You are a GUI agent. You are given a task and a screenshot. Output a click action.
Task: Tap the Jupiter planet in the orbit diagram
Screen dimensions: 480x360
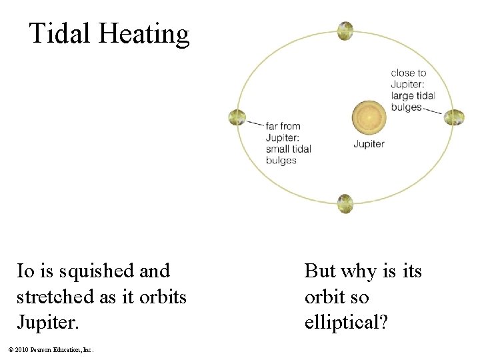click(369, 117)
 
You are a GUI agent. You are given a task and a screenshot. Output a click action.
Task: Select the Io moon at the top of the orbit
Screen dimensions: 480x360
click(345, 31)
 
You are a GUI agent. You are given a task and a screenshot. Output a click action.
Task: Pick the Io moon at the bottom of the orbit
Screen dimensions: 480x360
click(345, 203)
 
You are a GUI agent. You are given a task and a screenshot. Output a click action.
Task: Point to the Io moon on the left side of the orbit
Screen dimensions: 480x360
click(237, 117)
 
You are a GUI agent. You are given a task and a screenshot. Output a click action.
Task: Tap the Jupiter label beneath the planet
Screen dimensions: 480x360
click(369, 144)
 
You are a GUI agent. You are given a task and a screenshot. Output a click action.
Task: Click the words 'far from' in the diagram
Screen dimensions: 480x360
click(283, 126)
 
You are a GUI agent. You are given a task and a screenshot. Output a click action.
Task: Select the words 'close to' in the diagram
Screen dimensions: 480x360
click(408, 73)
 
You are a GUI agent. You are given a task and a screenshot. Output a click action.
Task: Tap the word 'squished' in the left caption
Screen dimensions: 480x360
click(97, 272)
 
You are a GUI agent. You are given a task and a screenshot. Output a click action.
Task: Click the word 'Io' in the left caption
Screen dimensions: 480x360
click(25, 271)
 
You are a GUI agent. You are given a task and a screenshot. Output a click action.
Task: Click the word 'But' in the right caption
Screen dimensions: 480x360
click(321, 271)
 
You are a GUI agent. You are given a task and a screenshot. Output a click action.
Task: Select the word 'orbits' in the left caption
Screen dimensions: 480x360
click(163, 297)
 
